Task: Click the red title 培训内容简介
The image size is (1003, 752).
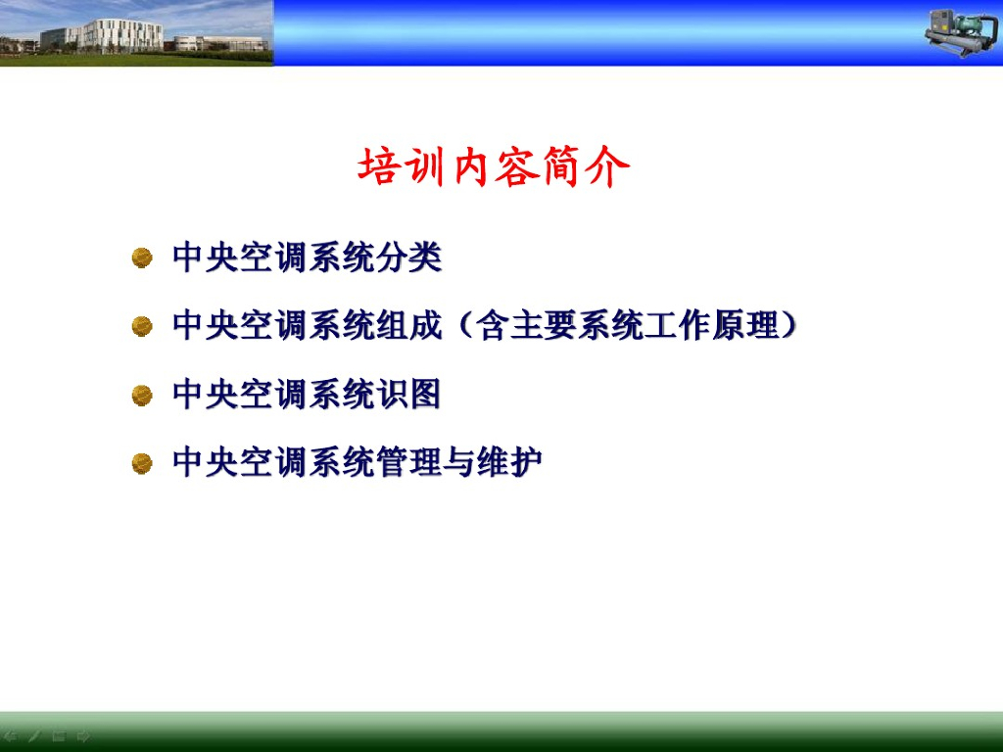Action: [494, 166]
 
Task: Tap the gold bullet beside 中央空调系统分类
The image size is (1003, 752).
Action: [142, 258]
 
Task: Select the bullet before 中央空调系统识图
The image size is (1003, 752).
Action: [142, 396]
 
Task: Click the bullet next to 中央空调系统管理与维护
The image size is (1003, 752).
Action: [142, 463]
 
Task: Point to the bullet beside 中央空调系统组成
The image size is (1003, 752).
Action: [142, 326]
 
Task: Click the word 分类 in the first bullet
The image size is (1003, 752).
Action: [408, 258]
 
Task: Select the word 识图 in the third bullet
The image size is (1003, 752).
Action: [408, 395]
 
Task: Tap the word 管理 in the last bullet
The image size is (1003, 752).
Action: [408, 462]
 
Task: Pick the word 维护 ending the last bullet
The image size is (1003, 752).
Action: [509, 462]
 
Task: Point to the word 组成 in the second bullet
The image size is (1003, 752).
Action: [408, 325]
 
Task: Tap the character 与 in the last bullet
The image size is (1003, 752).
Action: [459, 462]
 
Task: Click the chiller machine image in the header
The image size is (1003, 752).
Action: [962, 33]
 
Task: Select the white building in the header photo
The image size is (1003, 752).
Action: [121, 34]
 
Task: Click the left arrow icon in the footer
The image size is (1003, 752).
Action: [11, 736]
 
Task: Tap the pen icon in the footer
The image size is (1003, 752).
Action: [34, 736]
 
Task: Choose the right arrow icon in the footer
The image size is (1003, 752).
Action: [83, 736]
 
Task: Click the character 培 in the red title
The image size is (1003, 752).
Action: [379, 166]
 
